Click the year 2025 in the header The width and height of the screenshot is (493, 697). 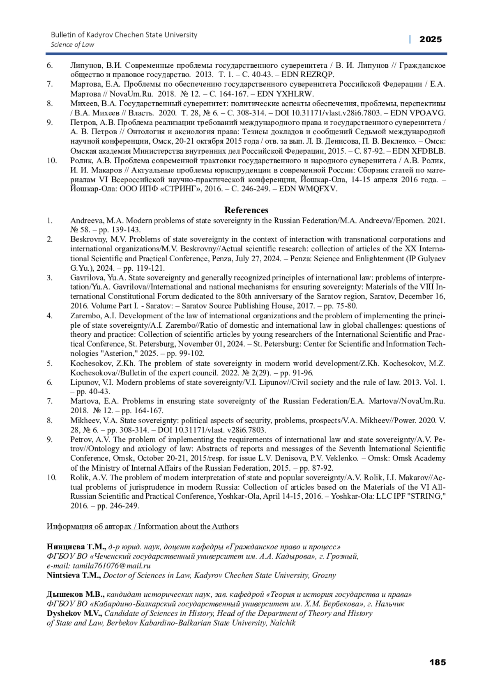[430, 39]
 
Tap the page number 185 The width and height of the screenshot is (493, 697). [438, 662]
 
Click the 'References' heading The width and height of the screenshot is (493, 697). [246, 210]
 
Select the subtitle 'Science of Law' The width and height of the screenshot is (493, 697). [72, 45]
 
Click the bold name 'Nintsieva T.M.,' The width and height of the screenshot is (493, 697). [74, 575]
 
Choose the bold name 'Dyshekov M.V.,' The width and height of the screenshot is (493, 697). [74, 613]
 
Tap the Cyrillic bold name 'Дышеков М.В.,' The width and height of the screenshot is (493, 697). [76, 594]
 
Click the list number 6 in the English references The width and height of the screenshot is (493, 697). [50, 382]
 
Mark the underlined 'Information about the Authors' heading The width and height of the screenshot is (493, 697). [188, 527]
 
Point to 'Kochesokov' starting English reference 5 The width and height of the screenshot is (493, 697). [90, 363]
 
